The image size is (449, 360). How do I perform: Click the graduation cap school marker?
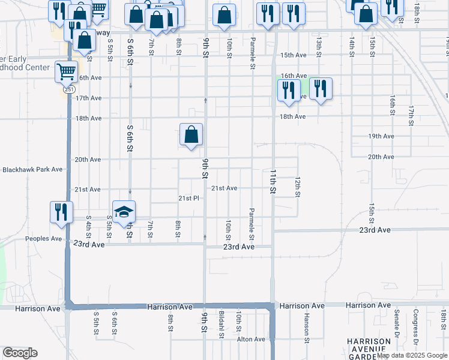point(124,212)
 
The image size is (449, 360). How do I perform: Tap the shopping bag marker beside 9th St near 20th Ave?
point(191,135)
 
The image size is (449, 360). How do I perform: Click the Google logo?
point(20,353)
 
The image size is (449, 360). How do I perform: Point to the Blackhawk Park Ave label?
point(32,170)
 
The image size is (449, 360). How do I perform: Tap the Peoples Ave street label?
point(43,238)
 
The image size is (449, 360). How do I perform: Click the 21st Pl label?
point(188,199)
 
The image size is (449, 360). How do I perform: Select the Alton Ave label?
point(250,339)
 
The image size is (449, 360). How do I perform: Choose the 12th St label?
point(297,186)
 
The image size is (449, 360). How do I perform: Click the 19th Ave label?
point(381,136)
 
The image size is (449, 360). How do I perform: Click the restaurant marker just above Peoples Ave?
point(61,212)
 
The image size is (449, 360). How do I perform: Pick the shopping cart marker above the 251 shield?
point(66,72)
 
